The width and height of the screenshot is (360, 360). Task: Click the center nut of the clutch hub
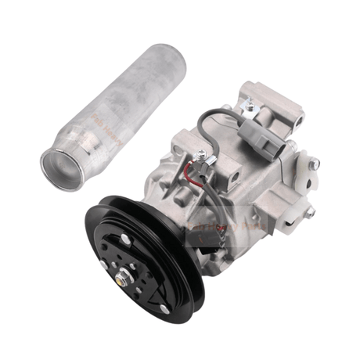125,275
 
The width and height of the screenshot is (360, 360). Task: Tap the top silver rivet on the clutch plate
124,237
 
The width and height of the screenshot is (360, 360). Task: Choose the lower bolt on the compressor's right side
310,212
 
